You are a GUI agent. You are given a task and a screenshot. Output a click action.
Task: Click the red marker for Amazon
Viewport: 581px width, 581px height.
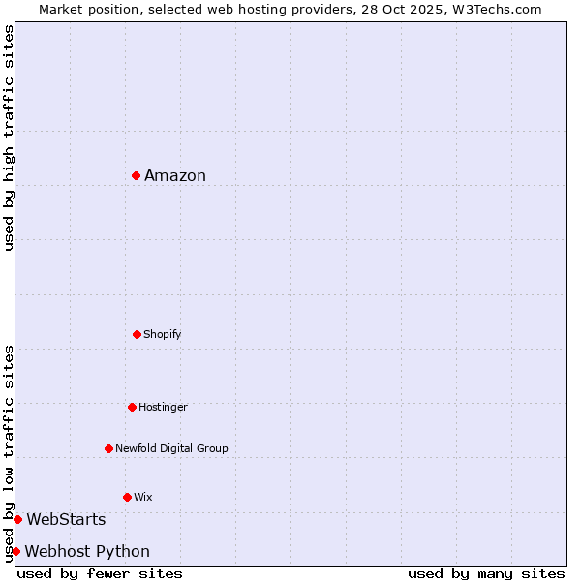click(x=137, y=175)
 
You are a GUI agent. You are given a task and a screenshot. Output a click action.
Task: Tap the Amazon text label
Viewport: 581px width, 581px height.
click(x=175, y=175)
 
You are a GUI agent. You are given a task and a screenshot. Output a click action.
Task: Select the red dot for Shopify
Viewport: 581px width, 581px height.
click(x=137, y=334)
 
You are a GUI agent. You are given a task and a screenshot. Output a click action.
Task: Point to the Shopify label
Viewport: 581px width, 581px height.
click(x=162, y=334)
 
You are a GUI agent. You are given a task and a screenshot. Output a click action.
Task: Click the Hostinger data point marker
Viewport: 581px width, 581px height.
click(x=132, y=407)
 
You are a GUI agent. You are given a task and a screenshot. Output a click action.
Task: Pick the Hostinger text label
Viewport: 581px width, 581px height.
click(x=163, y=407)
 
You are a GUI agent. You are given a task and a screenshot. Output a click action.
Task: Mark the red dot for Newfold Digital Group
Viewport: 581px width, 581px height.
click(x=108, y=448)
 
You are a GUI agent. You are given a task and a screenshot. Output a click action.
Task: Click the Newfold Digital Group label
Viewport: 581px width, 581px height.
click(x=171, y=448)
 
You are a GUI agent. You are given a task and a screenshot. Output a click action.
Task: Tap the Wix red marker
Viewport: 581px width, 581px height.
click(x=127, y=497)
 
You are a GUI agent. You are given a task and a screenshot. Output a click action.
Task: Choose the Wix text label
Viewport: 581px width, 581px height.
click(x=143, y=497)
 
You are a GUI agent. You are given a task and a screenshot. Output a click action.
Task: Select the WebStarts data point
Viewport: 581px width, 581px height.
click(x=17, y=519)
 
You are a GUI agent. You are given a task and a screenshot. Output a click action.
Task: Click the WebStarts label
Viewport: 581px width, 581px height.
click(x=66, y=520)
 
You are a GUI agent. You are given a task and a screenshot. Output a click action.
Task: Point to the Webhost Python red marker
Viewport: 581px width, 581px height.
click(x=15, y=551)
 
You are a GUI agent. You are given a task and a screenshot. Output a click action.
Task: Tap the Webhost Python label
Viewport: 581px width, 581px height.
click(x=87, y=552)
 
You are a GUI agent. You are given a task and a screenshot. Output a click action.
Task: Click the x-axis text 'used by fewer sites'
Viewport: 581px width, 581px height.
click(x=100, y=573)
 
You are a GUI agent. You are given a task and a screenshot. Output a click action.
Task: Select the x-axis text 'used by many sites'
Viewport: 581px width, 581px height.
click(x=486, y=573)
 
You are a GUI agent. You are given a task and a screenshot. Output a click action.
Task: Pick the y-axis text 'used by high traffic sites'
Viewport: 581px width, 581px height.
click(x=9, y=138)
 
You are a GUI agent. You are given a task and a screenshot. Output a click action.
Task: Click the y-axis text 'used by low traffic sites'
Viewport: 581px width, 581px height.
click(x=9, y=452)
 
